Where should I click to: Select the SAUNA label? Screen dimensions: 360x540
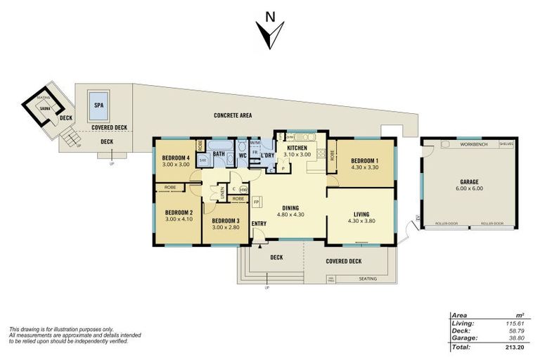pyautogui.click(x=45, y=109)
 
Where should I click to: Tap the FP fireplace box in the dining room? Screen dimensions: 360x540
pyautogui.click(x=256, y=201)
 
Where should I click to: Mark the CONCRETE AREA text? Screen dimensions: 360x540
pyautogui.click(x=233, y=115)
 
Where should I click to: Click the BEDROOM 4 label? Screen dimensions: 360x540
pyautogui.click(x=176, y=157)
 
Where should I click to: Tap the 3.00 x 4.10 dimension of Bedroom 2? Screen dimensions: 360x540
pyautogui.click(x=179, y=219)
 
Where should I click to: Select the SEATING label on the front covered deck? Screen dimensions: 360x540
pyautogui.click(x=367, y=278)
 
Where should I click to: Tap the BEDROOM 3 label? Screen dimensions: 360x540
pyautogui.click(x=225, y=220)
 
